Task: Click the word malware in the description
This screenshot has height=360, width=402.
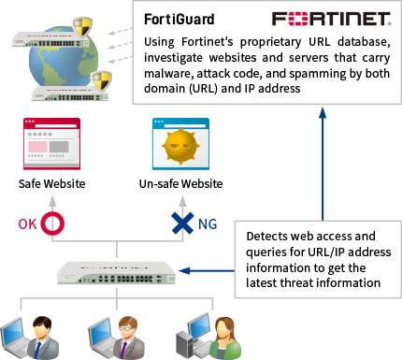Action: click(x=170, y=75)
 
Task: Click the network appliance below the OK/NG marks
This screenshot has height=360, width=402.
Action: click(x=113, y=273)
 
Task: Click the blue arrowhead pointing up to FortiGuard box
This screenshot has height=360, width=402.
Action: click(x=323, y=110)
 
